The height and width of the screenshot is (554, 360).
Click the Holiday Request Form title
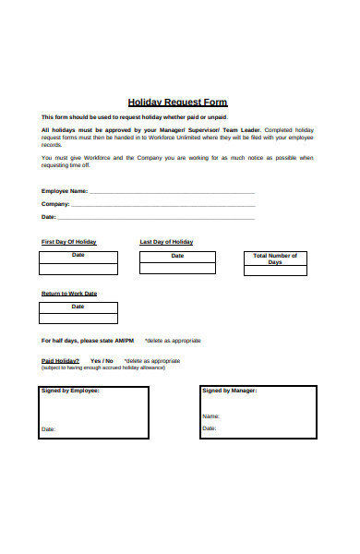click(x=176, y=102)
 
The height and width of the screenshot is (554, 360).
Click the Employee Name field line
click(x=172, y=192)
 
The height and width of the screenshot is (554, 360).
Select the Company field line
click(x=162, y=205)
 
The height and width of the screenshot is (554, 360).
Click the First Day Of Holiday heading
click(x=68, y=242)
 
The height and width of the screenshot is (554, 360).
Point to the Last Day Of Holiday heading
click(x=166, y=242)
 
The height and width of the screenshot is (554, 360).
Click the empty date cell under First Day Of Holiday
click(x=78, y=268)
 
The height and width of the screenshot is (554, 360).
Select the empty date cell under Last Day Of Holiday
click(x=177, y=268)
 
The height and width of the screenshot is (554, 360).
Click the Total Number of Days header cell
click(x=275, y=259)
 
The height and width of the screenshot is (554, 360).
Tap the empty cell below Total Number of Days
click(x=275, y=271)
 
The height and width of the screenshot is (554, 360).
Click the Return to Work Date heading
click(x=68, y=294)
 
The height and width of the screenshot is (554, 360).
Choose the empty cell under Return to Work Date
click(x=78, y=319)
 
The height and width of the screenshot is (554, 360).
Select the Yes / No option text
click(x=102, y=361)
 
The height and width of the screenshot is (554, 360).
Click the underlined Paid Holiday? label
click(x=60, y=361)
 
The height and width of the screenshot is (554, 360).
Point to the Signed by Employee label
click(x=70, y=391)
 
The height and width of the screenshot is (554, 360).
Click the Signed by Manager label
click(x=230, y=391)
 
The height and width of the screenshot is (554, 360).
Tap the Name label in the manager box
click(x=211, y=416)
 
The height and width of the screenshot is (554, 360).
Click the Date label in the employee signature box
click(x=49, y=429)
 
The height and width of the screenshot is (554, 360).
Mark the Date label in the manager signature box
click(x=210, y=428)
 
